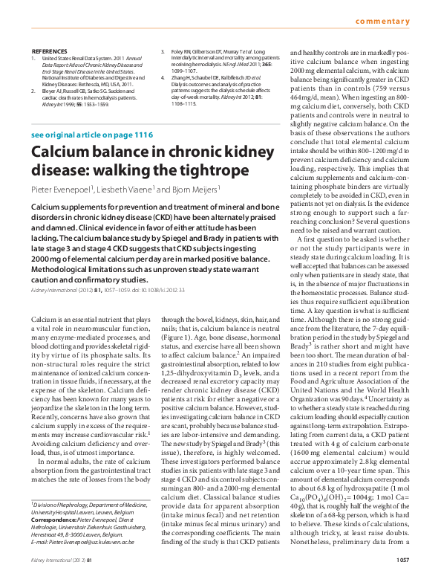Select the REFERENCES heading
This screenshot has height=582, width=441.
pyautogui.click(x=45, y=51)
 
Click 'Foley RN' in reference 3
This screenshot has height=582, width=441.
pyautogui.click(x=182, y=52)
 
